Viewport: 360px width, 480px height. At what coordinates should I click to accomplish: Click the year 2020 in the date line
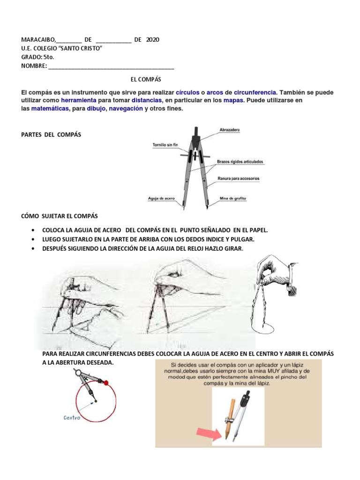click(x=152, y=40)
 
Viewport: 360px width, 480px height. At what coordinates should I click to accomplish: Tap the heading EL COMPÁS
click(x=146, y=80)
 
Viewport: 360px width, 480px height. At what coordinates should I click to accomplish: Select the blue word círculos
click(x=187, y=92)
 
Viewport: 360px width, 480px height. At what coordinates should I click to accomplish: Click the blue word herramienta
click(x=78, y=100)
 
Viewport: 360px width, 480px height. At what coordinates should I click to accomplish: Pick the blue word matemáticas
click(x=50, y=108)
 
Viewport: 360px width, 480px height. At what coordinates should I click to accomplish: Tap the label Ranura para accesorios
click(x=239, y=179)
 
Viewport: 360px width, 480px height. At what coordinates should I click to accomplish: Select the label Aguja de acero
click(x=161, y=198)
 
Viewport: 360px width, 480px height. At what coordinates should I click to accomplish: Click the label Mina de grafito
click(x=233, y=198)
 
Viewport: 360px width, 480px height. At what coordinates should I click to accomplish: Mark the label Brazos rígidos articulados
click(x=240, y=162)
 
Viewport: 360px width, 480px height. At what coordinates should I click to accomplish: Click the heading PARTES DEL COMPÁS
click(x=51, y=135)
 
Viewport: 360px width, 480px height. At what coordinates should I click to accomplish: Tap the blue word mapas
click(x=233, y=100)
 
